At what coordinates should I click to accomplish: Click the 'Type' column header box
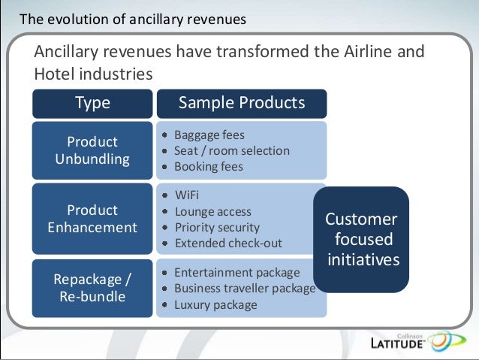click(x=92, y=103)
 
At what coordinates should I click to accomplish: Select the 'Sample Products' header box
click(x=241, y=103)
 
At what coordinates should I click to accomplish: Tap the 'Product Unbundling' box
click(x=92, y=150)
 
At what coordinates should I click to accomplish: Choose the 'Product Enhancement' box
click(x=92, y=219)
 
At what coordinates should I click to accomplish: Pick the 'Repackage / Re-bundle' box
click(x=92, y=288)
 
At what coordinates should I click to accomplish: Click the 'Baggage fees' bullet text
click(x=209, y=135)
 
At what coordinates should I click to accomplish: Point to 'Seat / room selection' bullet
click(x=231, y=150)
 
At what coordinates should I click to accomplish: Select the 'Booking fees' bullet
click(x=209, y=166)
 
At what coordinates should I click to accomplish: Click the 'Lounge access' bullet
click(x=212, y=212)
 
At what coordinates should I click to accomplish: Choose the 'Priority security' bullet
click(x=217, y=227)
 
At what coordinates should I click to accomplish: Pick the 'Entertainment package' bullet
click(x=236, y=272)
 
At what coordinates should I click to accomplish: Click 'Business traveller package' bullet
click(x=244, y=288)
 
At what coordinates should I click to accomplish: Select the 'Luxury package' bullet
click(x=215, y=304)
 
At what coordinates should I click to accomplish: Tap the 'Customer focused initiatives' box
click(x=360, y=240)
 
